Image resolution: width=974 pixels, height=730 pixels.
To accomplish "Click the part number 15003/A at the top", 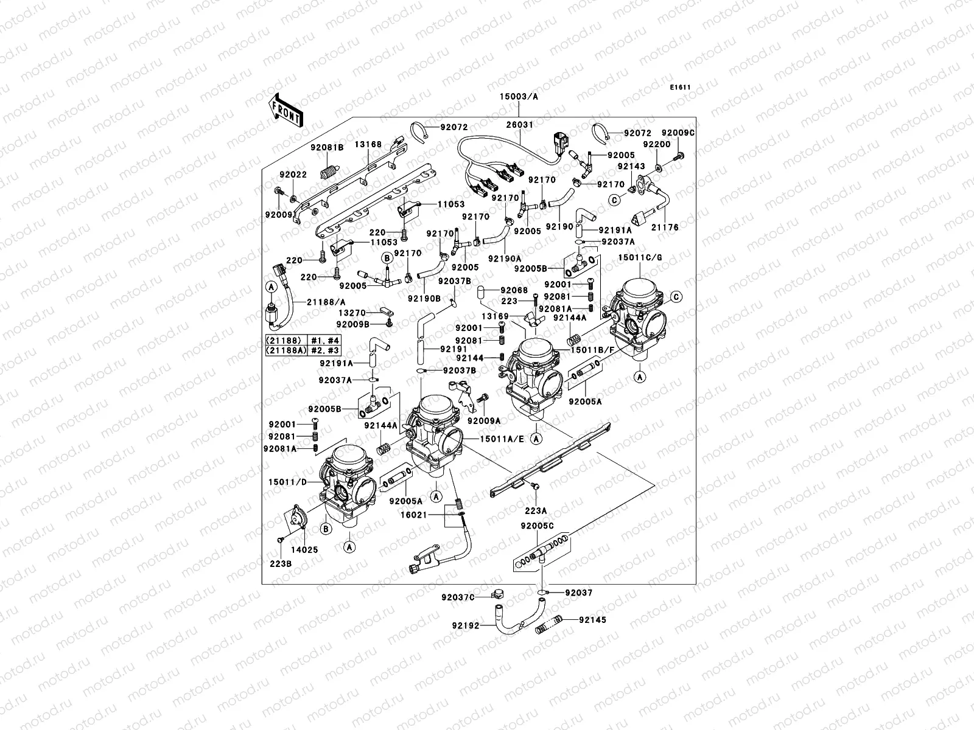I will pyautogui.click(x=519, y=97).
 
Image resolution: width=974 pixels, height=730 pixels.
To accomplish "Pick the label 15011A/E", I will pyautogui.click(x=502, y=438).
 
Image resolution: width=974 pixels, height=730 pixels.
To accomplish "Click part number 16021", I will pyautogui.click(x=429, y=515).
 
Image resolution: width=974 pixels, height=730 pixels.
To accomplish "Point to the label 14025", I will pyautogui.click(x=304, y=549).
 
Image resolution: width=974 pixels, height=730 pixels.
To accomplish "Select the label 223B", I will pyautogui.click(x=281, y=563).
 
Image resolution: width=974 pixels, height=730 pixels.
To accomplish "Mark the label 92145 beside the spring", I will pyautogui.click(x=593, y=620).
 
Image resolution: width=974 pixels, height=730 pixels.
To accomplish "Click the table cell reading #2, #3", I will pyautogui.click(x=326, y=351).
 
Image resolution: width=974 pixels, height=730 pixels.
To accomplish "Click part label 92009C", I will pyautogui.click(x=678, y=133).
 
